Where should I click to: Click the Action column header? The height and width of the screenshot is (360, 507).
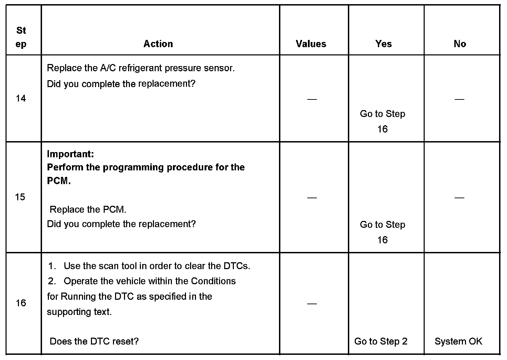pos(158,44)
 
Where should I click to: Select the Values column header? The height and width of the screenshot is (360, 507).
pos(311,44)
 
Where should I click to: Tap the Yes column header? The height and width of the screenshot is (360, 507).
pos(383,44)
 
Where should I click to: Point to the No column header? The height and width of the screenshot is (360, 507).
pos(460,44)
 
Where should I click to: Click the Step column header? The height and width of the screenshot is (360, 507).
pos(21,37)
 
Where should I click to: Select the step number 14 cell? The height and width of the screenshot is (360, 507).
pos(21,98)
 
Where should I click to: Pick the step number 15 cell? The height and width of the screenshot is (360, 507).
pos(20,197)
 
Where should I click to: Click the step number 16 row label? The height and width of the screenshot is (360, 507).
pos(21,303)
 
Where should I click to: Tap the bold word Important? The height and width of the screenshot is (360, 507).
pos(70,154)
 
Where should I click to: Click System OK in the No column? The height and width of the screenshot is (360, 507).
pos(458,341)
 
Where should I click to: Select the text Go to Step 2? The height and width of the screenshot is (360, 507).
pos(381,341)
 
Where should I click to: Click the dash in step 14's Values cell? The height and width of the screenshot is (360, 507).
pos(312,99)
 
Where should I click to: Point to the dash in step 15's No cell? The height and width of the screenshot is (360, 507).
pos(459,198)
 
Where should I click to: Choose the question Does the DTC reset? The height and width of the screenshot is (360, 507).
pos(94,341)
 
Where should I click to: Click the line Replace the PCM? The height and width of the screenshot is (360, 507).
pos(88,209)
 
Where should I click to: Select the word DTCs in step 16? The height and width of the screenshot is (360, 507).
pos(236,266)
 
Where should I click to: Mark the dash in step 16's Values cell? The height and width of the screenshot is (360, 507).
pos(312,304)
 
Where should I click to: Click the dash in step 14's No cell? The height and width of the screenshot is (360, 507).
pos(459,99)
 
